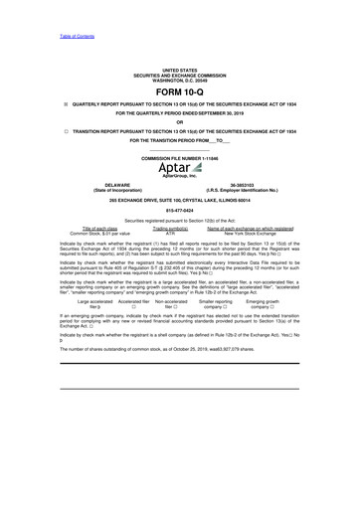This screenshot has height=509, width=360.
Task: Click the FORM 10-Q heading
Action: (180, 91)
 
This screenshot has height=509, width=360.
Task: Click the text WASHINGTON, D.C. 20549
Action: (180, 80)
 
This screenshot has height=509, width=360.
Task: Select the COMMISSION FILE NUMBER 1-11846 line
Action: (180, 158)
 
